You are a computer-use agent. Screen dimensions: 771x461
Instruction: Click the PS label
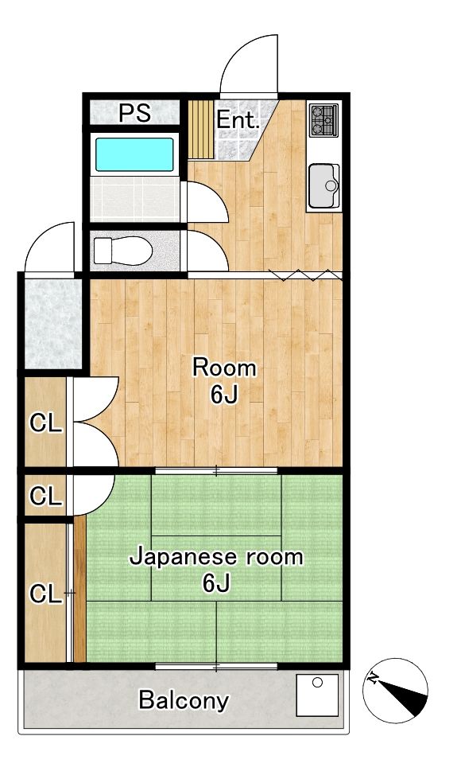pyautogui.click(x=134, y=113)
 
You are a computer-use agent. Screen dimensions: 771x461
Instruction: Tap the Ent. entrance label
pyautogui.click(x=238, y=121)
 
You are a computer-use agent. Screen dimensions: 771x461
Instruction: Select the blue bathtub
pyautogui.click(x=134, y=154)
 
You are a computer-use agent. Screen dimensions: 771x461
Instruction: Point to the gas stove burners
pyautogui.click(x=323, y=120)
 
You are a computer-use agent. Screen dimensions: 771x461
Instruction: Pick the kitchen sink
pyautogui.click(x=323, y=186)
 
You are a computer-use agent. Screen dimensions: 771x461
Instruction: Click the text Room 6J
pyautogui.click(x=225, y=380)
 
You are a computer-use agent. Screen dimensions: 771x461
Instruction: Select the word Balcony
pyautogui.click(x=184, y=701)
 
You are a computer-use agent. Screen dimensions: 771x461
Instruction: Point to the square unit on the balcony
pyautogui.click(x=318, y=695)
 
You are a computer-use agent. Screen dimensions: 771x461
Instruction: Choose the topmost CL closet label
pyautogui.click(x=45, y=424)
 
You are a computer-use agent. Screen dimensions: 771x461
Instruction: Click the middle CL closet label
pyautogui.click(x=45, y=496)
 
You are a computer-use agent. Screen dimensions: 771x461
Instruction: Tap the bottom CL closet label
pyautogui.click(x=45, y=594)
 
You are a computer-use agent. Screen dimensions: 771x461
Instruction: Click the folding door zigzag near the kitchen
pyautogui.click(x=305, y=275)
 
